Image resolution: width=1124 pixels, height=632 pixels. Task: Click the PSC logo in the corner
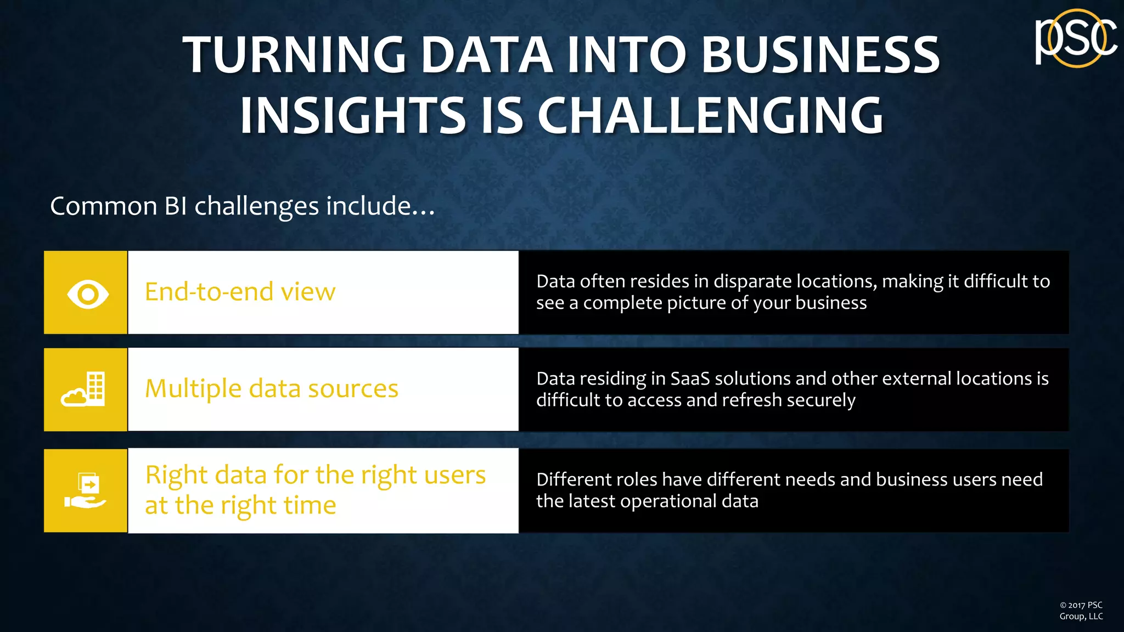pos(1076,38)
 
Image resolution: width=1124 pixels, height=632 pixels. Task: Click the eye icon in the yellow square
pos(88,294)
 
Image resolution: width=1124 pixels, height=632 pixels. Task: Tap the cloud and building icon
pos(84,389)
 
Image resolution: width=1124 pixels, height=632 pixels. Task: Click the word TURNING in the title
pos(294,55)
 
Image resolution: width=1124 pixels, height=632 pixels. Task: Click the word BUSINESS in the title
pos(820,55)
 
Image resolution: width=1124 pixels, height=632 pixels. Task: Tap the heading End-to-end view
pos(240,292)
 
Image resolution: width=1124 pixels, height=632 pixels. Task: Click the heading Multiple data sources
pos(272,389)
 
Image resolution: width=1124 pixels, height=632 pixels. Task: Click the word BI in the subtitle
pos(176,206)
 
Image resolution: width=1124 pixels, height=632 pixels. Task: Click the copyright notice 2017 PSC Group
pos(1081,611)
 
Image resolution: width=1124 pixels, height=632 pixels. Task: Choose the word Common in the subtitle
pos(104,206)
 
